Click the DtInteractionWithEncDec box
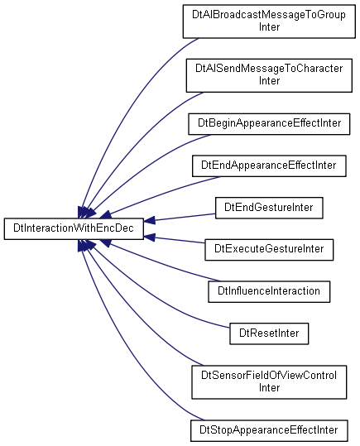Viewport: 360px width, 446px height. pos(74,228)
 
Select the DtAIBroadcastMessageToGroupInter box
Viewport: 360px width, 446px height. pos(269,21)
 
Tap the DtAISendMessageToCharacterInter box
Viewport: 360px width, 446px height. pos(269,75)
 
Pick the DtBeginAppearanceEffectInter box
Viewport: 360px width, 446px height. pos(269,124)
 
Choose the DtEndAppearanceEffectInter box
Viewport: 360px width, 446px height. pos(269,165)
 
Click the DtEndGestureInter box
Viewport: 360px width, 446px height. pos(269,208)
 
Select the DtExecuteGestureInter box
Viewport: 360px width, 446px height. pos(269,250)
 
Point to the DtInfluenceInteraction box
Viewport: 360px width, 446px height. pos(269,291)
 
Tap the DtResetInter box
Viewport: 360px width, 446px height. pos(269,333)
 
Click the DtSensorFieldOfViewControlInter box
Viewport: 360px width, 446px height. pos(269,382)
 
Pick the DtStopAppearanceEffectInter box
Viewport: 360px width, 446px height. pos(269,430)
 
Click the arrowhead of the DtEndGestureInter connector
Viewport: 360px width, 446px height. pos(150,220)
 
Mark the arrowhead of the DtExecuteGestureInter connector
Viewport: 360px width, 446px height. pos(150,237)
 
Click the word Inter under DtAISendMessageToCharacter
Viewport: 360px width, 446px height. pos(269,81)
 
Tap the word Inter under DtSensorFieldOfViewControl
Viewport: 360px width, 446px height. pos(269,388)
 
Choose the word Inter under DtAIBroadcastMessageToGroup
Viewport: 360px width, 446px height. pos(269,27)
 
